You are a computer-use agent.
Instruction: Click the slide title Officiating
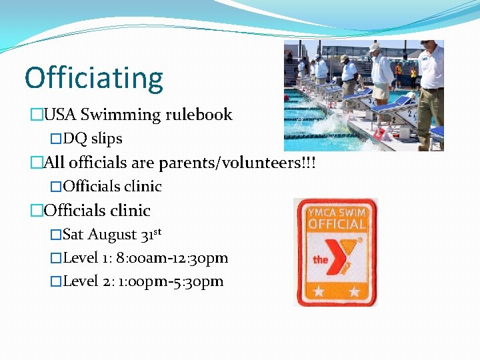(94, 79)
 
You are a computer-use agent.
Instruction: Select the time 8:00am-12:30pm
(173, 258)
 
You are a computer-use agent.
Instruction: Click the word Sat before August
(73, 235)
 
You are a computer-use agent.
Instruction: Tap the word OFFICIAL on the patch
(336, 225)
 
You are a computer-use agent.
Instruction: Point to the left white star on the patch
(319, 291)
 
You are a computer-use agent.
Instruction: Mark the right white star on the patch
(353, 291)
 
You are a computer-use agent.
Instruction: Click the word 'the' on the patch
(321, 259)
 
